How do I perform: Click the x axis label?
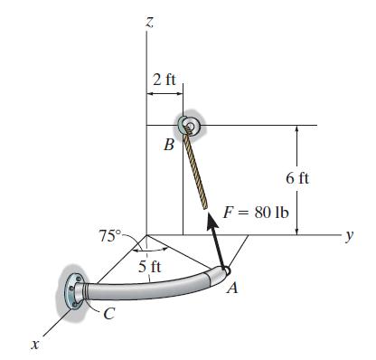point(33,344)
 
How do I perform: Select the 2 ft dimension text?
point(164,80)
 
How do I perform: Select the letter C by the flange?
point(110,314)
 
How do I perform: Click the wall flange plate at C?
point(72,291)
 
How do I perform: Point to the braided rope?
point(198,167)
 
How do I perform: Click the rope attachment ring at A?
point(224,270)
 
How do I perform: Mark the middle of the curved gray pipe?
point(154,289)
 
